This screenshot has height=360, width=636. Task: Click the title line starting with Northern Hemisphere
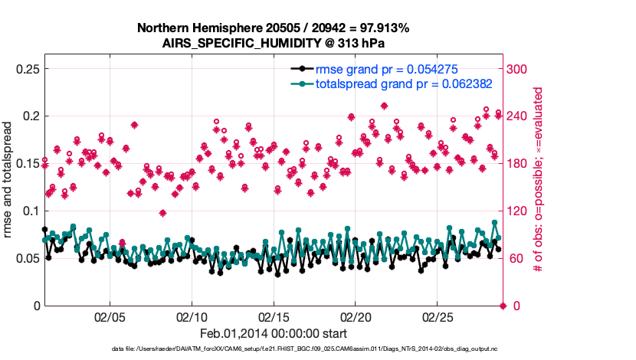coord(273,28)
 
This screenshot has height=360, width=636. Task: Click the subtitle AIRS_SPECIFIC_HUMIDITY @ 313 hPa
coord(274,43)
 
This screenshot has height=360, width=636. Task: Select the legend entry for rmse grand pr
coord(387,70)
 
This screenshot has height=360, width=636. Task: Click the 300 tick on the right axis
coord(520,69)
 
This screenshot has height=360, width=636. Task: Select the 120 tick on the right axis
coord(520,211)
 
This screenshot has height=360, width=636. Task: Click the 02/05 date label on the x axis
coord(110,316)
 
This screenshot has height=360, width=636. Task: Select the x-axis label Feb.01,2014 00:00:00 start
coord(274,333)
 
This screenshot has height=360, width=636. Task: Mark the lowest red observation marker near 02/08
coord(162,213)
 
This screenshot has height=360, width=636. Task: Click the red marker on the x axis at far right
coord(503,306)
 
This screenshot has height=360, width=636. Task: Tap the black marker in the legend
coord(304,70)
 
